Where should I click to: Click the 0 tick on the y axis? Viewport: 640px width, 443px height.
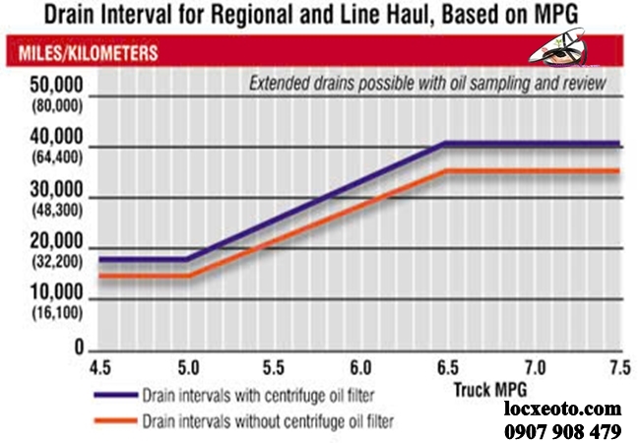tap(80, 348)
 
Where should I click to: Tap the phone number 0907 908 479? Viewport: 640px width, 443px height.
tap(563, 430)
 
